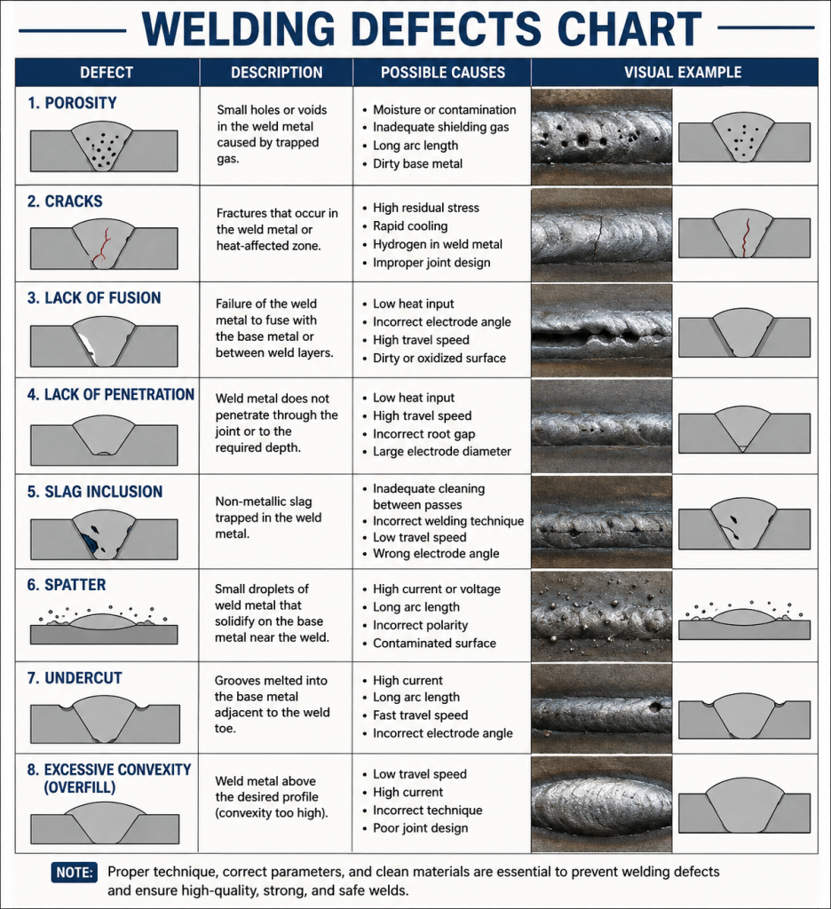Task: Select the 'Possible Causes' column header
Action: point(442,73)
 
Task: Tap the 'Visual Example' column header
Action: point(683,73)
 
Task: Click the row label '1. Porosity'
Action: point(72,103)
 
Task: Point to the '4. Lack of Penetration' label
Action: point(111,395)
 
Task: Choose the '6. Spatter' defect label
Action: point(67,585)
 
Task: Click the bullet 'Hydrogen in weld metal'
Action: point(437,244)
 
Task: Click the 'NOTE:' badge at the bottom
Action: point(75,872)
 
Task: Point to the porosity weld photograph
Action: point(601,137)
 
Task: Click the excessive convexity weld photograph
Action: point(601,803)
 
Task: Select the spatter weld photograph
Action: point(601,616)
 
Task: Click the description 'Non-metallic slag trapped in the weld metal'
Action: point(268,518)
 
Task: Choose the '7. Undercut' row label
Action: point(75,678)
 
